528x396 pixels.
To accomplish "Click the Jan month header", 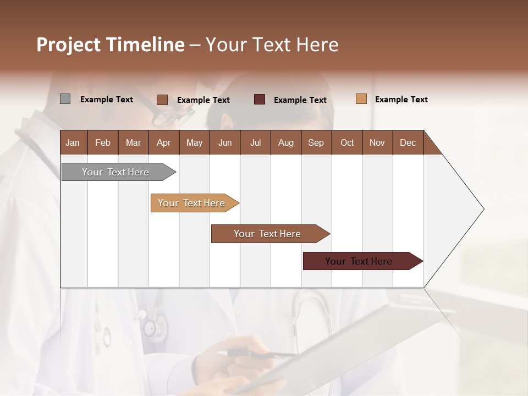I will pos(73,142).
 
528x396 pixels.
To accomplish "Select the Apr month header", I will pos(164,142).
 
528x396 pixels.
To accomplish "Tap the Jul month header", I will pos(255,142).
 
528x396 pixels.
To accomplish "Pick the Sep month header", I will pos(316,142).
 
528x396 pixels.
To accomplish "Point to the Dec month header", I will pos(408,142).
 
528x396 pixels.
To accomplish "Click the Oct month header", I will pos(347,142).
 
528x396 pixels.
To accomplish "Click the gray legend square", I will pos(65,99).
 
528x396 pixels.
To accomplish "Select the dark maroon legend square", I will pos(260,99).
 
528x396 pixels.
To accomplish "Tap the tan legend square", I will pos(361,99).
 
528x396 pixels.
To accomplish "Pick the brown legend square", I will pos(162,100).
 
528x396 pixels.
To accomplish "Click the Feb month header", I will pos(103,142).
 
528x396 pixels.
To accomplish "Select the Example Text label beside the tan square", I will pos(401,100).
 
